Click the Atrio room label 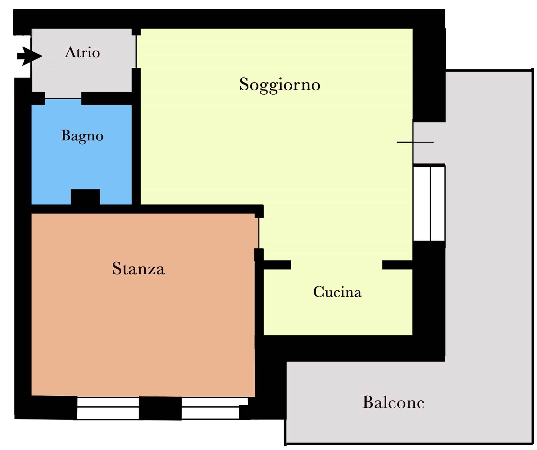point(83,52)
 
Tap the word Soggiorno point(280,85)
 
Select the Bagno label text point(82,136)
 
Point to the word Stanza point(138,269)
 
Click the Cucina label point(337,292)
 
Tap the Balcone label point(393,402)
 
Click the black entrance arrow point(30,56)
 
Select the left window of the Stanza point(108,408)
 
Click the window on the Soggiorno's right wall point(429,204)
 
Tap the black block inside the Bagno point(85,197)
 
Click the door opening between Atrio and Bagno point(63,98)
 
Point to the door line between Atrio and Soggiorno point(136,52)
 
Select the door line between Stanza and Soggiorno point(259,233)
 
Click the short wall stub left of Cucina point(277,265)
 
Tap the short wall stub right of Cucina point(397,265)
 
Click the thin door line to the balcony point(415,142)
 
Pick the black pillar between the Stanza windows point(160,408)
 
